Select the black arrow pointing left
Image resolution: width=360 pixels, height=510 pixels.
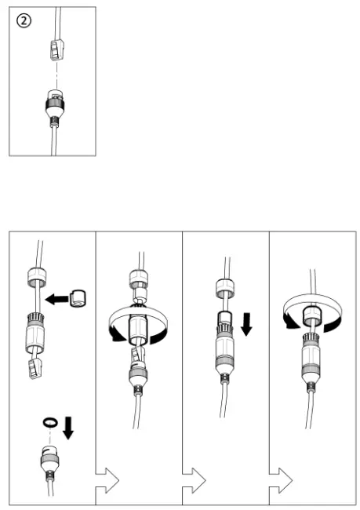point(56,298)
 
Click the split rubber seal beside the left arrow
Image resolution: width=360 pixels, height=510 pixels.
point(78,298)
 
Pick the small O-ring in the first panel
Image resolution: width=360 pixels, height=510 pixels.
point(49,422)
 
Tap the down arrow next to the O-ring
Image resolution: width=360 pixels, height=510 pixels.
point(69,427)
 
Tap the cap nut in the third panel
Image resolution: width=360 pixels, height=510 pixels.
point(224,288)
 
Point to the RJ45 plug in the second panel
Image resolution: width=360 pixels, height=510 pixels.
point(138,356)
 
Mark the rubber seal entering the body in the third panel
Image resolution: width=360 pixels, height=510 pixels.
point(224,318)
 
